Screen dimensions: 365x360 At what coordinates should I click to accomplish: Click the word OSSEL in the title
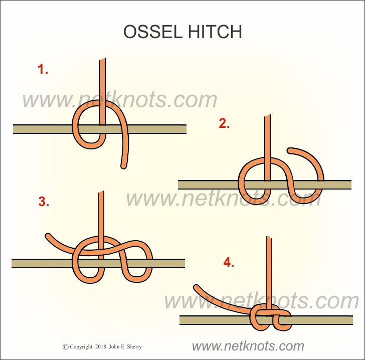click(x=153, y=32)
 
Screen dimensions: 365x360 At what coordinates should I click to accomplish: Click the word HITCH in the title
click(x=215, y=32)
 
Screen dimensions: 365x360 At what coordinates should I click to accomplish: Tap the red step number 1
click(x=43, y=69)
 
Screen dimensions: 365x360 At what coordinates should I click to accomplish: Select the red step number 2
click(x=224, y=123)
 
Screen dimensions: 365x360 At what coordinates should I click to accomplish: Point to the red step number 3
click(x=44, y=202)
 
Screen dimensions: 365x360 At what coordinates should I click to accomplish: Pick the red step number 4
click(x=229, y=262)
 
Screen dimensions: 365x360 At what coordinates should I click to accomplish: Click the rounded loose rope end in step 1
click(x=124, y=166)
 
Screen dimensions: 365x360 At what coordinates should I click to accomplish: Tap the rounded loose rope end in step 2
click(x=290, y=150)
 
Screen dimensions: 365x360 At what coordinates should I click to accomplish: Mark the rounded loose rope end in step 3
click(x=48, y=236)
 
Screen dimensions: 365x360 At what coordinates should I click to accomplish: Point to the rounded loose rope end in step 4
click(x=197, y=288)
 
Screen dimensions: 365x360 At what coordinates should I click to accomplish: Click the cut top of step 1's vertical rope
click(x=102, y=59)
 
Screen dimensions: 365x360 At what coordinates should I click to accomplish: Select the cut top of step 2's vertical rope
click(x=267, y=116)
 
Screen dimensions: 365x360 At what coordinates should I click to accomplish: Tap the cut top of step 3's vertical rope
click(x=101, y=192)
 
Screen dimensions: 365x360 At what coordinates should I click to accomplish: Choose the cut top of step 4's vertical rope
click(x=269, y=238)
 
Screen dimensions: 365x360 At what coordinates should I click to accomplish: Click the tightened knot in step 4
click(x=271, y=317)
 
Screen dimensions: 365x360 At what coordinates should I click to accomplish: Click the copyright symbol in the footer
click(x=65, y=347)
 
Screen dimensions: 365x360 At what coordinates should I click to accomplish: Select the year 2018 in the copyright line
click(x=101, y=347)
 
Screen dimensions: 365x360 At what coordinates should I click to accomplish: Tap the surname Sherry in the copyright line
click(x=134, y=347)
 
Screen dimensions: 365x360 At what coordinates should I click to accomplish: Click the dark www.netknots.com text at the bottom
click(x=248, y=346)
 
